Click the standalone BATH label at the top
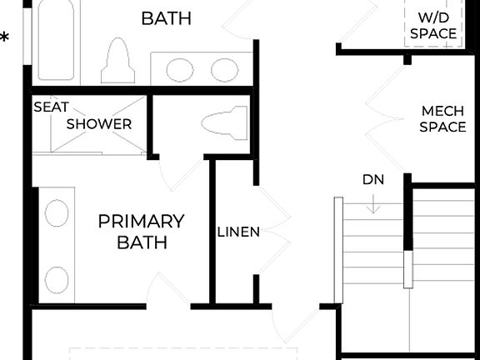point(167,17)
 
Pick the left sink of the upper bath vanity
point(180,69)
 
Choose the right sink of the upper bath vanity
point(224,69)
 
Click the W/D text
point(433,17)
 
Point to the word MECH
point(442,111)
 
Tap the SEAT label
point(51,107)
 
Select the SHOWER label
point(99,124)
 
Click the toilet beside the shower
point(222,123)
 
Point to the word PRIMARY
point(141,222)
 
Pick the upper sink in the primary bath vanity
point(57,214)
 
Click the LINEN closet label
point(239,232)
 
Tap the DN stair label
point(372,180)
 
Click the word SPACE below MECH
point(442,127)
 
